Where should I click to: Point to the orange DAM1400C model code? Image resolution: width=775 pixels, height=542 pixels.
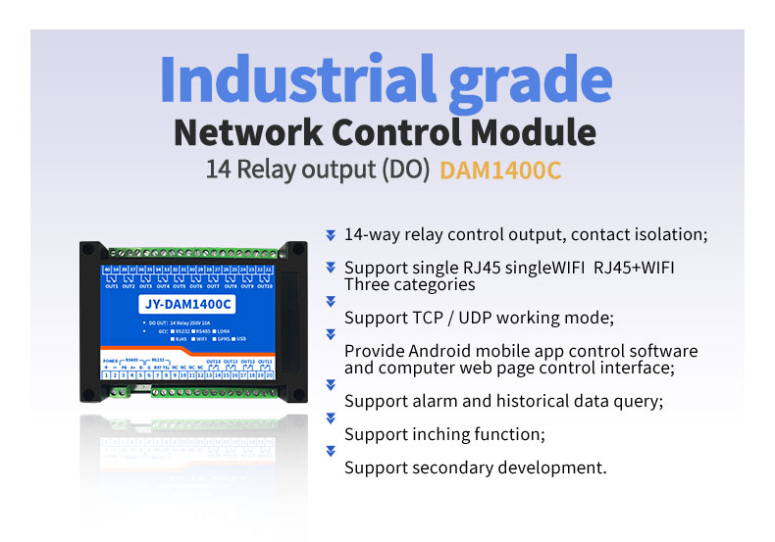coord(500,170)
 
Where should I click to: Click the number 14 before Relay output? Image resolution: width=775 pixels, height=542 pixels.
coord(217,169)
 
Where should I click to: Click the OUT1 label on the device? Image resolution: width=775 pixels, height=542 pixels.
coord(111,286)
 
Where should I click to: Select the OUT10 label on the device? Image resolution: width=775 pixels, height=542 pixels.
coord(265,286)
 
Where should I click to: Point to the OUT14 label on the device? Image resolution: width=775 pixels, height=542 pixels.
coord(214,361)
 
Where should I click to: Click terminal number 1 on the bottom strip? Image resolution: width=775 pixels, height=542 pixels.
coord(107,374)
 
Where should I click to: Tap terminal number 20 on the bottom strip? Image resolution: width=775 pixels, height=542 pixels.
coord(269,374)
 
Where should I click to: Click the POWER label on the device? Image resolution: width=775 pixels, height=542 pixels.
coord(111,361)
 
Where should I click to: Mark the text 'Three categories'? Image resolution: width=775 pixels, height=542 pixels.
coord(409,285)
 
